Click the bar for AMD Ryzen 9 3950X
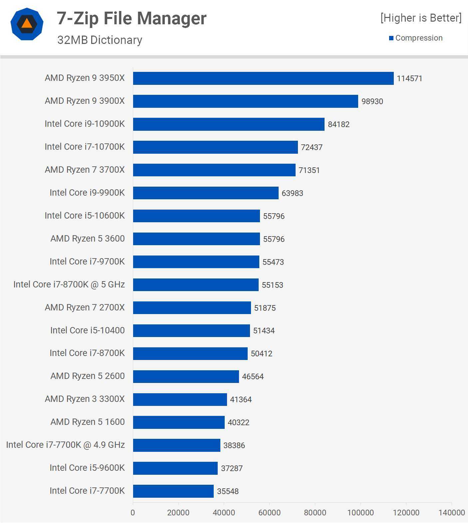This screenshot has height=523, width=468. (x=263, y=79)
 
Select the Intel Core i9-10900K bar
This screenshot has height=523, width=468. (x=228, y=124)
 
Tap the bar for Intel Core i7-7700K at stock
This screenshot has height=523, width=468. (x=173, y=491)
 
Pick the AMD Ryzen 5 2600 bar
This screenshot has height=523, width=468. (x=186, y=376)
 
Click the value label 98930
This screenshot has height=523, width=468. (x=372, y=101)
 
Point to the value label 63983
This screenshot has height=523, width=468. (x=292, y=193)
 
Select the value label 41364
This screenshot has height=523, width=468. (x=241, y=400)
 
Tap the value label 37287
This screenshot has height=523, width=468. (x=232, y=468)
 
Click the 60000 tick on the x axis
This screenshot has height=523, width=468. (x=269, y=513)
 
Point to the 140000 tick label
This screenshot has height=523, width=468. (x=451, y=513)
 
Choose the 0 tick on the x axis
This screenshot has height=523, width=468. (x=133, y=513)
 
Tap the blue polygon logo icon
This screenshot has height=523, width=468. (x=27, y=24)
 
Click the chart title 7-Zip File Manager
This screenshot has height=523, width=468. (x=131, y=18)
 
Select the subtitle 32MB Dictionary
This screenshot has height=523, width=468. (x=100, y=40)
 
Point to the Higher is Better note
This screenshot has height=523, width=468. (x=421, y=18)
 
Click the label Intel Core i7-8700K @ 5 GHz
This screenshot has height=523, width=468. (x=69, y=284)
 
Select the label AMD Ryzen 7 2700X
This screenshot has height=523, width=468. (x=85, y=307)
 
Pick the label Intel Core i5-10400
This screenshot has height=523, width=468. (x=87, y=330)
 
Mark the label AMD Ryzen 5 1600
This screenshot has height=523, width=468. (x=88, y=422)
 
